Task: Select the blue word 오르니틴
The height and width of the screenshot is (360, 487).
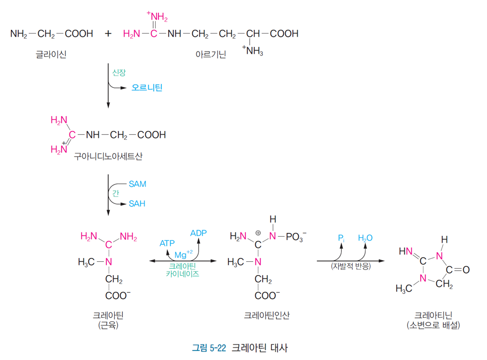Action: point(147,88)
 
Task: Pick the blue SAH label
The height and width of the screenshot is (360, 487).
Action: point(137,204)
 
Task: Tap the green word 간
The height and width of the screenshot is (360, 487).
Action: point(115,193)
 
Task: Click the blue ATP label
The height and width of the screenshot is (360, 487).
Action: point(167,243)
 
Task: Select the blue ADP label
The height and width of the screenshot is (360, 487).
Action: point(198,233)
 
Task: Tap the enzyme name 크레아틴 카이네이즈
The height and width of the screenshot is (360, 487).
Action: point(183,270)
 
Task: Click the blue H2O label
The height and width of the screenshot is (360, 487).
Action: point(365,238)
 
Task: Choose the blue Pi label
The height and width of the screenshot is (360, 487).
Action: point(341,238)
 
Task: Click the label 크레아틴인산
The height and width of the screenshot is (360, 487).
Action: point(267,315)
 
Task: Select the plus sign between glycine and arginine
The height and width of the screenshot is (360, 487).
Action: point(109,34)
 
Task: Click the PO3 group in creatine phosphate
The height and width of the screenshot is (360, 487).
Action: point(296,236)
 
